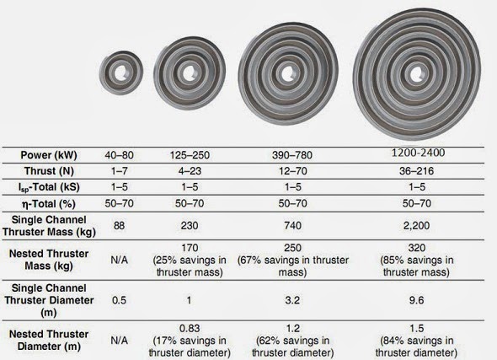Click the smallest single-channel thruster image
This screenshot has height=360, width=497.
pos(120,73)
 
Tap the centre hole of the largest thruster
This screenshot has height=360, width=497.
pos(416,74)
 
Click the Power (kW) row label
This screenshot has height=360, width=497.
pos(49,155)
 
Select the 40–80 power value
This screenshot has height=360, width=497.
pos(119,155)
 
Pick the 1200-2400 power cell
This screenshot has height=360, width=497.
pos(418,153)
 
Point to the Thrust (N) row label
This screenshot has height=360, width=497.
pos(49,171)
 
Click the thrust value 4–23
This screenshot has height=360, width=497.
pos(190,171)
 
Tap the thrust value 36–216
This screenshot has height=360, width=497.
pos(416,171)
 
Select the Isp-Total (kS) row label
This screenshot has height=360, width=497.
pos(49,187)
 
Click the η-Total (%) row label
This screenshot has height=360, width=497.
pos(49,204)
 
